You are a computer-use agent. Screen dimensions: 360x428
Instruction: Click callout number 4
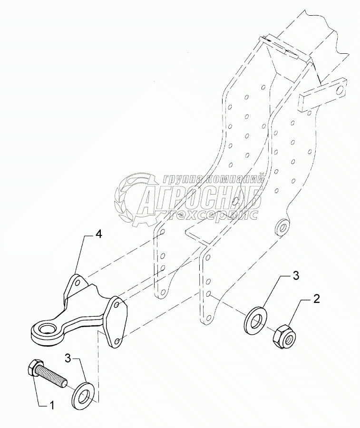tap(98, 234)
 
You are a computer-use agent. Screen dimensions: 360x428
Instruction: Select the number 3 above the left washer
tap(68, 359)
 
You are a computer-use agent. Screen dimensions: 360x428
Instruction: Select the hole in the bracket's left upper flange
tap(77, 281)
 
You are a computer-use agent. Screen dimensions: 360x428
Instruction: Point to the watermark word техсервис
tap(216, 215)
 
